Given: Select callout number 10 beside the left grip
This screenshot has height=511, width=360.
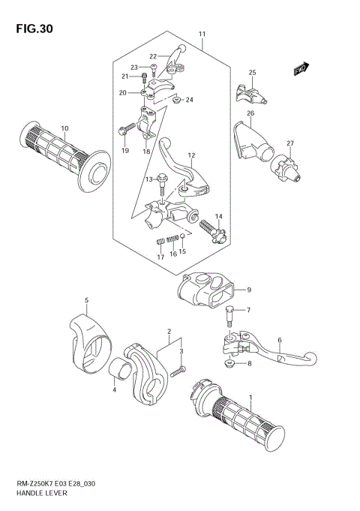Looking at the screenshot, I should coord(64,128).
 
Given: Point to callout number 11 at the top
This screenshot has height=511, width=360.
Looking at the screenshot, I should coord(202,35).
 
